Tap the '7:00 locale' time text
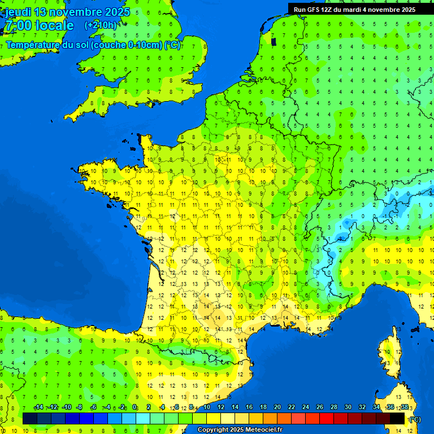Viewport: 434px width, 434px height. (39, 25)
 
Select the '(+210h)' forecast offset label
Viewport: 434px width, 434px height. (101, 25)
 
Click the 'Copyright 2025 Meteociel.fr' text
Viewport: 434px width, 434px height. (240, 429)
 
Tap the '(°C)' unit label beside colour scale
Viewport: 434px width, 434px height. (414, 419)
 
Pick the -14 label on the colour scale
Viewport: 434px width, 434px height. (39, 407)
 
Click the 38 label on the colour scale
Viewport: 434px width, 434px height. (405, 407)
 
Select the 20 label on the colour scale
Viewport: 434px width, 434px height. (277, 407)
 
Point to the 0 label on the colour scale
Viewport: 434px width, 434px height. (134, 407)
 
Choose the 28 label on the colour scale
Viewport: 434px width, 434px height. (334, 407)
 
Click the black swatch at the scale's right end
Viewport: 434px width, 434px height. (398, 418)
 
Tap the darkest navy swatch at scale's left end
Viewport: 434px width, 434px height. (30, 418)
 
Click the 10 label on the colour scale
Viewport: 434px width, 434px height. (206, 407)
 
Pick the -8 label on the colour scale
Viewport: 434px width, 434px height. (80, 407)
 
